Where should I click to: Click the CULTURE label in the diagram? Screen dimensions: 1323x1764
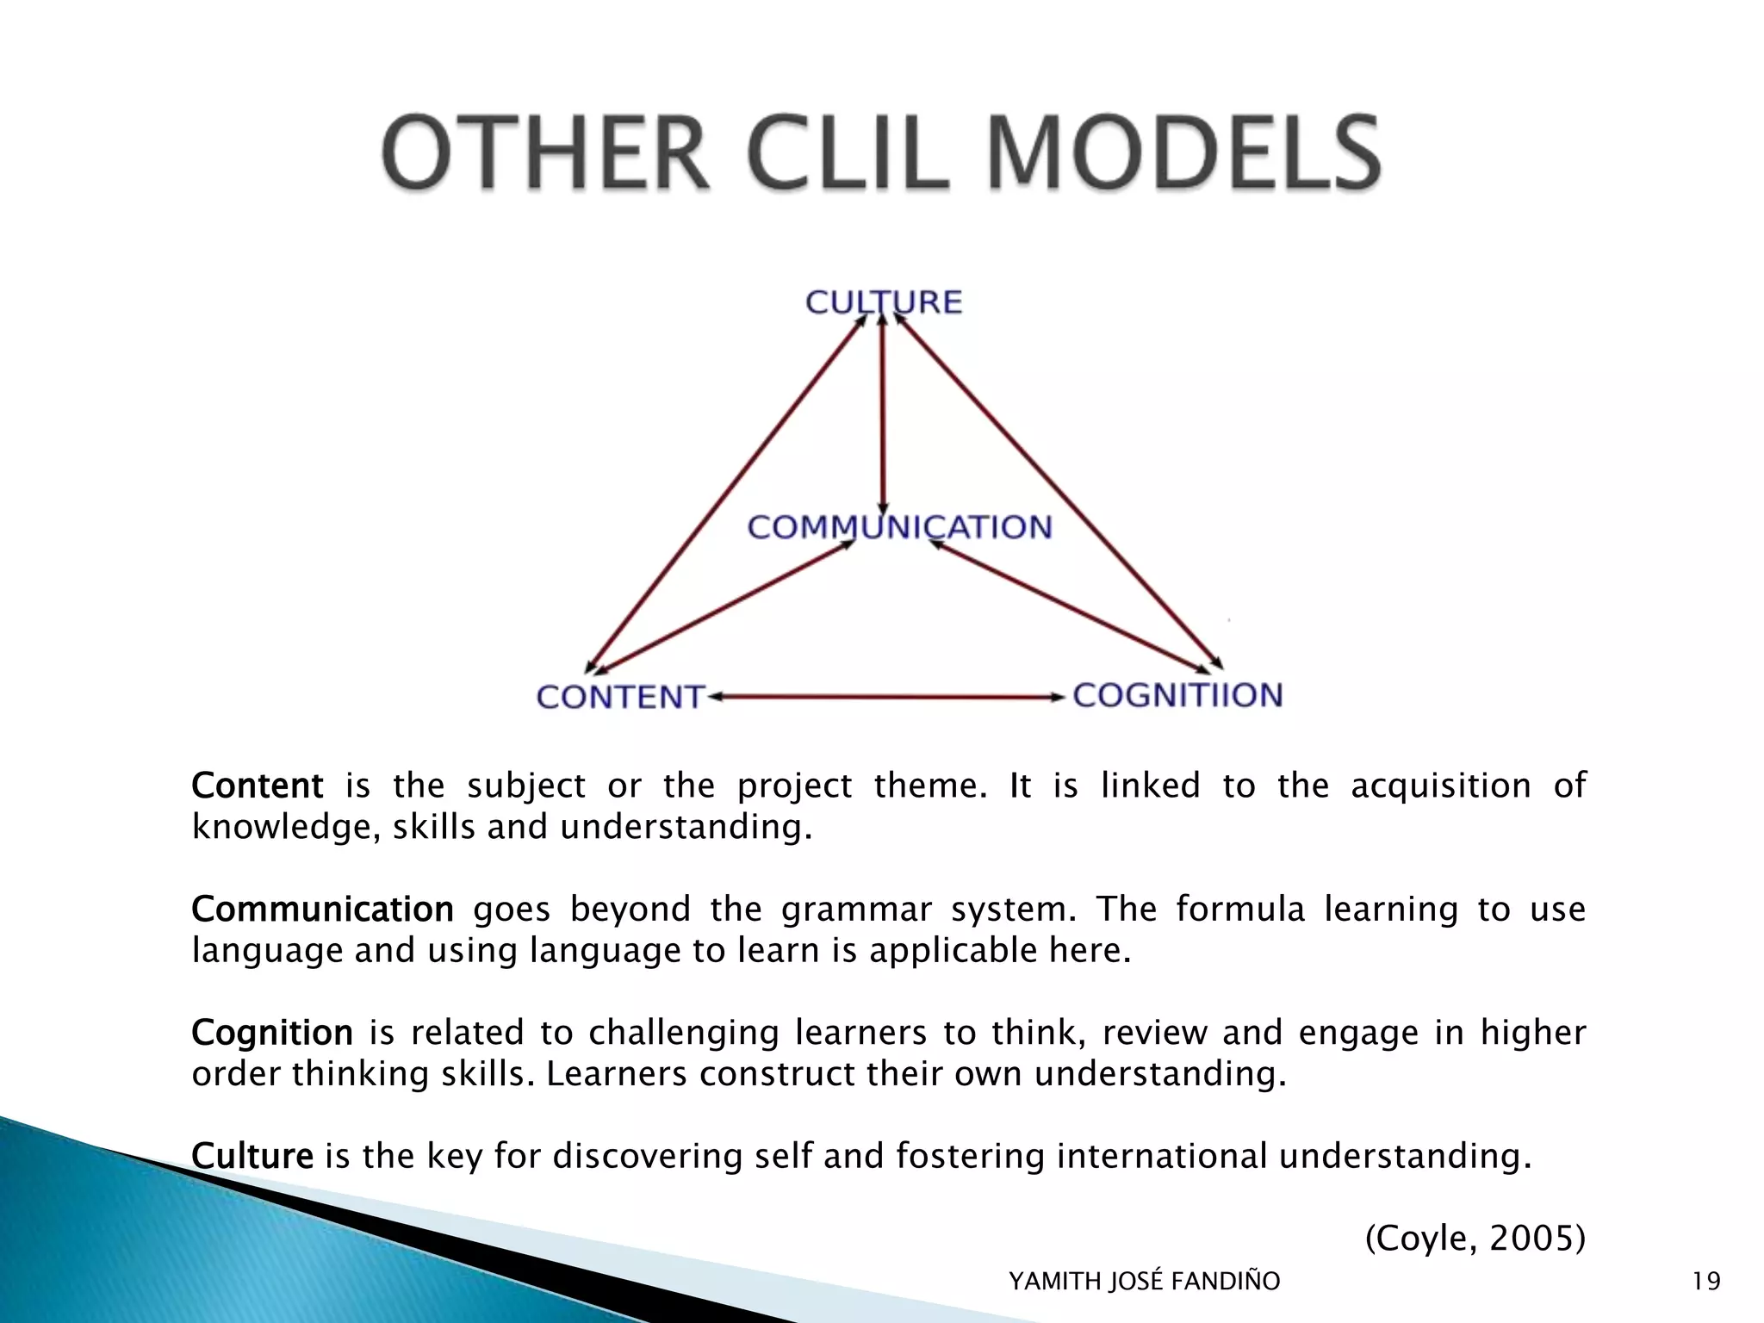tap(883, 302)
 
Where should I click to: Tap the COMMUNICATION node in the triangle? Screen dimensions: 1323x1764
tap(899, 527)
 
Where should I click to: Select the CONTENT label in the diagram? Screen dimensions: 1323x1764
tap(620, 697)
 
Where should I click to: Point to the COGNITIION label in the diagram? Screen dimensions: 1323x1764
tap(1177, 695)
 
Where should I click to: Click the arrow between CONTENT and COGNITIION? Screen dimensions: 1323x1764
tap(887, 697)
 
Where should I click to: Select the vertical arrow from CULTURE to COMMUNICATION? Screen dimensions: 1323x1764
tap(882, 413)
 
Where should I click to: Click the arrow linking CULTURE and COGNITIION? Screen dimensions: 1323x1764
tap(1059, 492)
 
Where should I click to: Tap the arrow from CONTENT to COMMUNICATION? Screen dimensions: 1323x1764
tap(724, 607)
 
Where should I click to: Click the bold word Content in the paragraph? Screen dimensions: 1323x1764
tap(257, 786)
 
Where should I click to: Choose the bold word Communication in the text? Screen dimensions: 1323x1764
tap(322, 909)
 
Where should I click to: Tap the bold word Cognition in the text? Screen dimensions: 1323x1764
tap(272, 1032)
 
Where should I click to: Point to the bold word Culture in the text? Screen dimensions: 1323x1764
tap(252, 1156)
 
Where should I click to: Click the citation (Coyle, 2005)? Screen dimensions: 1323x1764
tap(1475, 1238)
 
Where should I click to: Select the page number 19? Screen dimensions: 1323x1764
tap(1705, 1282)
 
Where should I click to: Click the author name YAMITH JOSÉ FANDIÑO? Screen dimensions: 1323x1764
tap(1144, 1282)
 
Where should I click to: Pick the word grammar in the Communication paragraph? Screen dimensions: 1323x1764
tap(856, 910)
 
